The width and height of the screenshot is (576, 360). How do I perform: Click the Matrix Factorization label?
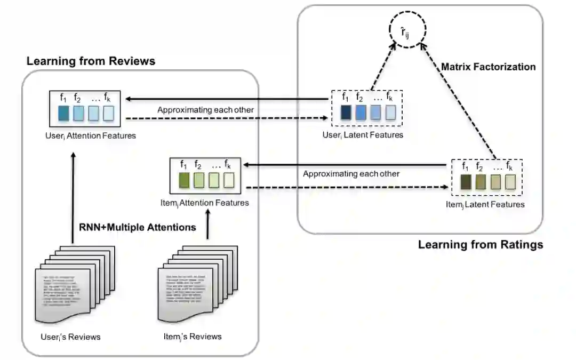488,67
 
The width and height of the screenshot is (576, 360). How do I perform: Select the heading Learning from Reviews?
91,61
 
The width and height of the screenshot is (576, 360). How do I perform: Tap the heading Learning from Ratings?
480,245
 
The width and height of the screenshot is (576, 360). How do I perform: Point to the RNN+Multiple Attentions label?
138,227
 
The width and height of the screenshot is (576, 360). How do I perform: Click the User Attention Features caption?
91,135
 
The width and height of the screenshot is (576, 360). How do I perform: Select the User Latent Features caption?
363,135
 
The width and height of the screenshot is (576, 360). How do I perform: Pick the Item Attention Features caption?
204,203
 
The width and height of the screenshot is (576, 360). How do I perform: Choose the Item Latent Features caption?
485,204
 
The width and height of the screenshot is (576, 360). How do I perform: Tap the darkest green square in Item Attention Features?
184,181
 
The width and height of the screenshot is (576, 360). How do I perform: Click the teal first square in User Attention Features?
63,113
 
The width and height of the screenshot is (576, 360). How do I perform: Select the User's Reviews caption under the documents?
70,337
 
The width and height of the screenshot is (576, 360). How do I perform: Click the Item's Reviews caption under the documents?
193,337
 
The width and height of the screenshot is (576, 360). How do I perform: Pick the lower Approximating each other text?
351,174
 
